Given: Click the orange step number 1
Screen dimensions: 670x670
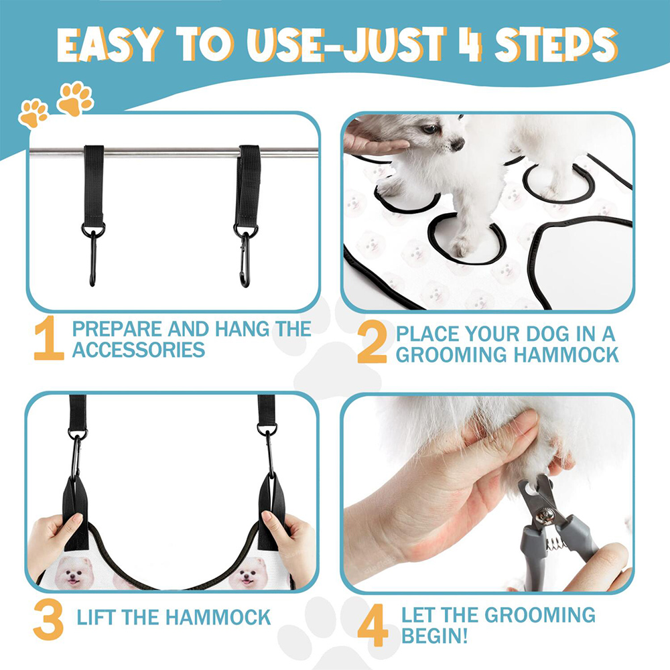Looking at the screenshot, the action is [49, 338].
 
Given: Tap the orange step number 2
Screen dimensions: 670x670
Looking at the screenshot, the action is [372, 342].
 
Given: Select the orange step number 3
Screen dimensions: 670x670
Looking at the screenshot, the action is [48, 619].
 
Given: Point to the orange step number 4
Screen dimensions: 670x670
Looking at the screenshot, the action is [373, 624].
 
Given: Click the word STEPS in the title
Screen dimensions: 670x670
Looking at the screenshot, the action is [556, 45].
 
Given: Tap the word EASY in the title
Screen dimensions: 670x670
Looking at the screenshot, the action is [110, 45].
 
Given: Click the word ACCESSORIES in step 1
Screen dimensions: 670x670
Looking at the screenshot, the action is [139, 350].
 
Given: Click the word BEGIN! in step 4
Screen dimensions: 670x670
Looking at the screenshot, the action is [435, 636].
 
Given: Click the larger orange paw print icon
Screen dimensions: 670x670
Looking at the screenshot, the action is [76, 98].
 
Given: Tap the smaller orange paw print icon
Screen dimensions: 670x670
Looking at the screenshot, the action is [33, 113].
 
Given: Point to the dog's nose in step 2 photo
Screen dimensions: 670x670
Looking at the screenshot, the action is [458, 144].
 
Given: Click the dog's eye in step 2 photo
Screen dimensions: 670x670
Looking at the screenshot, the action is [429, 128].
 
